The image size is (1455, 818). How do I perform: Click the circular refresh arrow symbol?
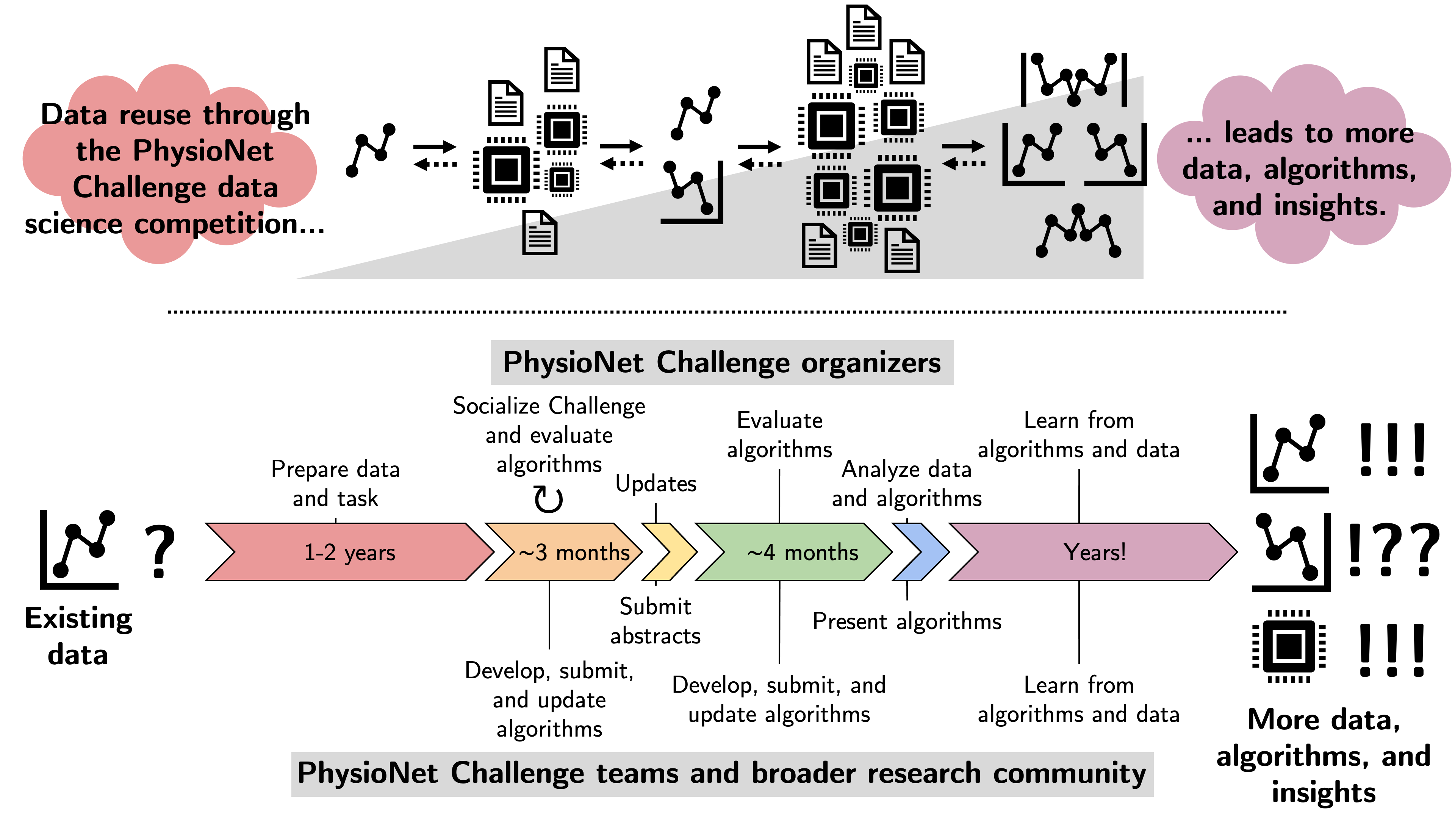coord(548,499)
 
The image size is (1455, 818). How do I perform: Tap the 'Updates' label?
coord(656,484)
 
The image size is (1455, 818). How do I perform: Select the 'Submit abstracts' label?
coord(655,621)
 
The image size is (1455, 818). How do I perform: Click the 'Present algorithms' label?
coord(907,621)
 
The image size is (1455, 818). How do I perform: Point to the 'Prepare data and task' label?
coord(335,484)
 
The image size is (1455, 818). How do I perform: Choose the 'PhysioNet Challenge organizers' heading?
coord(722,362)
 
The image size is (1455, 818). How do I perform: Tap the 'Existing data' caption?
coord(78,636)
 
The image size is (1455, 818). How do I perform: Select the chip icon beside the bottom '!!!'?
coord(1288,646)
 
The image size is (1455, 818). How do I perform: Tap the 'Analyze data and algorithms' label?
coord(907,484)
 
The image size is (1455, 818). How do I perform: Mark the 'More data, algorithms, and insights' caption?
coord(1324,756)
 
